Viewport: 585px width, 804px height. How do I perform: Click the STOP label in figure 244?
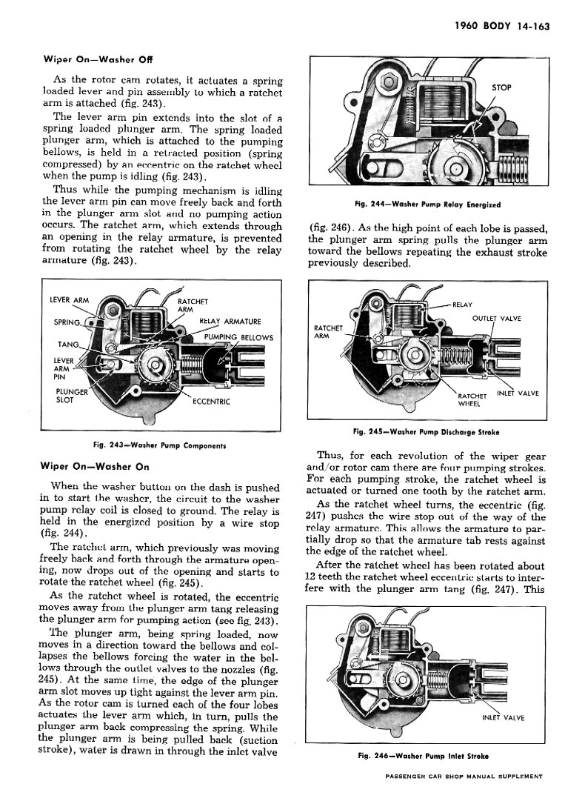pos(501,87)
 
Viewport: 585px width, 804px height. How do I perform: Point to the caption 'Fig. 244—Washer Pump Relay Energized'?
pos(429,204)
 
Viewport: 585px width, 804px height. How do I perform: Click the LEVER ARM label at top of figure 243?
pos(68,300)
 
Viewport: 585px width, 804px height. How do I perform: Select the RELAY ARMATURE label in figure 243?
pos(230,322)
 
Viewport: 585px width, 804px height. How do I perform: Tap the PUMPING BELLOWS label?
pos(238,338)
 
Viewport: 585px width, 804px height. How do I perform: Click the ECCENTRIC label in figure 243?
pos(212,402)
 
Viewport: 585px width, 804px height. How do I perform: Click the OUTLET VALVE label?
pos(496,319)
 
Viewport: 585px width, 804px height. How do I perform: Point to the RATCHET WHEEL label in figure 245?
pos(472,399)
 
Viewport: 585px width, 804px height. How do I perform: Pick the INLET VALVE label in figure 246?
pos(505,718)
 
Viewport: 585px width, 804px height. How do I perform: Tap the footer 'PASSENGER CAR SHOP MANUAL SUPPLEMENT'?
pos(464,776)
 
